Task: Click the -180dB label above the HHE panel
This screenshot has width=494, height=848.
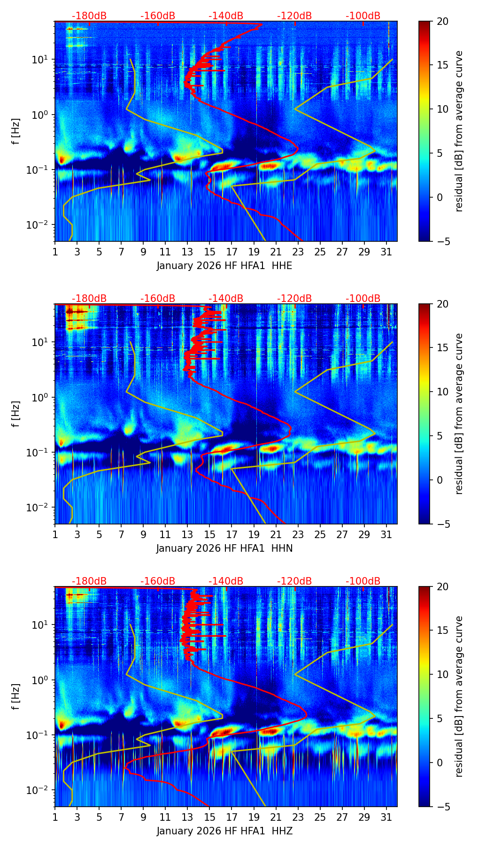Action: coord(89,16)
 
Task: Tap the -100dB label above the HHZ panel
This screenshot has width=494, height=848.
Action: coord(363,581)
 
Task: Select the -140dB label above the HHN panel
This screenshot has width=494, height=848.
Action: coord(226,299)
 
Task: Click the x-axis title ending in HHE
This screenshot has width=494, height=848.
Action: coord(224,266)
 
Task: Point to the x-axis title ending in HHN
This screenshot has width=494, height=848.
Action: coord(224,548)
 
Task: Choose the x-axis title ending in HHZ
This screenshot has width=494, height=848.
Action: coord(224,831)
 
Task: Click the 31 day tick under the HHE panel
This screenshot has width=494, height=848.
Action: coord(386,252)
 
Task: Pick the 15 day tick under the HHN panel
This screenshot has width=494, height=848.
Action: coord(209,535)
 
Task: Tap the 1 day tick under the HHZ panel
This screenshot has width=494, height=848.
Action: coord(55,817)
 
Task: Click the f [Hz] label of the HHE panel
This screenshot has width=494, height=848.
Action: coord(16,131)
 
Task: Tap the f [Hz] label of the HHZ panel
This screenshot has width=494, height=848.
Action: coord(16,697)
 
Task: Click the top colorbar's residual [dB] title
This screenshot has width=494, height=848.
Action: coord(459,131)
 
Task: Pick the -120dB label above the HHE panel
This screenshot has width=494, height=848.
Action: coord(294,16)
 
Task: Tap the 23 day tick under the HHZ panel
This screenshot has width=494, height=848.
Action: coord(298,817)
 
